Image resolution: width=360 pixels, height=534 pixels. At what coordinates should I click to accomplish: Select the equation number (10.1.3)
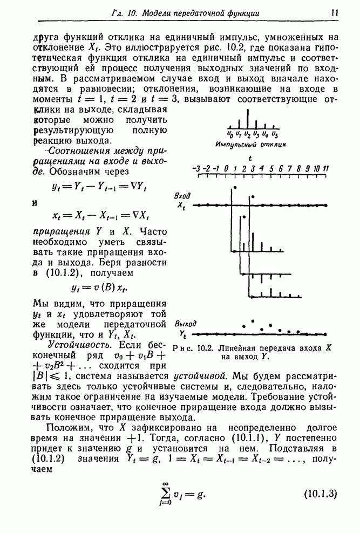point(321,494)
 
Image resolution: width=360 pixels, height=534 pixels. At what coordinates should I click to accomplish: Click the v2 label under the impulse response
point(247,134)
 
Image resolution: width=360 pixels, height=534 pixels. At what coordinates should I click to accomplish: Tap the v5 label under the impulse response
point(275,134)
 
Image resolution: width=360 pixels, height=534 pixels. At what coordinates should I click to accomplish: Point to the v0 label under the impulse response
point(230,134)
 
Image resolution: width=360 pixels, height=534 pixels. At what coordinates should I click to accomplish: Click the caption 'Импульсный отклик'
point(250,145)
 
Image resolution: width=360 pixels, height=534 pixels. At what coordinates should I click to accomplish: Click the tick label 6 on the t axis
point(281,169)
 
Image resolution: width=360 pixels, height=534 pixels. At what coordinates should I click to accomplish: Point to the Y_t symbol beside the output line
point(183,335)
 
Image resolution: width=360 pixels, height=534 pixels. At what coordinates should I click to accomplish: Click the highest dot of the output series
point(253,321)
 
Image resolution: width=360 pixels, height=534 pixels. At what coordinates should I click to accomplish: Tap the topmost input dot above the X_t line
point(234,188)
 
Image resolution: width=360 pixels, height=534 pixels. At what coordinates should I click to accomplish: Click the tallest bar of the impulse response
point(247,119)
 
